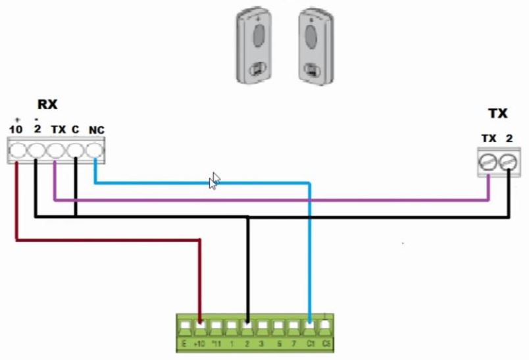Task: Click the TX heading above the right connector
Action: coord(497,113)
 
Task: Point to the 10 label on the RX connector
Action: coord(16,129)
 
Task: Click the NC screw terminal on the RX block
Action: coord(95,150)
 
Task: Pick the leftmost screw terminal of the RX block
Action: coord(17,150)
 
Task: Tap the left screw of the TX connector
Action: coord(489,161)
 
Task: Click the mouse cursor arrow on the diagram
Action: coord(214,180)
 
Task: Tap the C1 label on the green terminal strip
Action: coord(310,344)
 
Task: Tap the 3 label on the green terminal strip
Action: coord(263,344)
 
